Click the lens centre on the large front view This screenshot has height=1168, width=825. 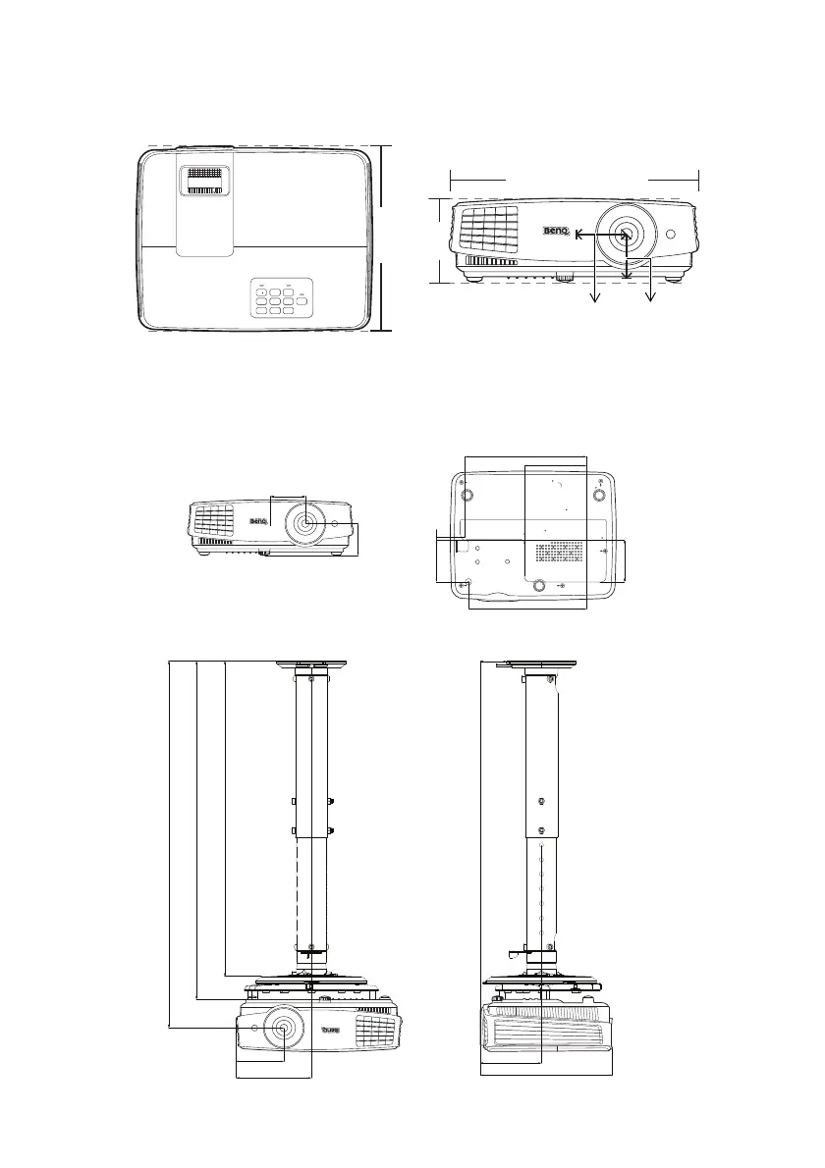pyautogui.click(x=626, y=235)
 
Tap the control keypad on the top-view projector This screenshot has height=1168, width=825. pyautogui.click(x=278, y=299)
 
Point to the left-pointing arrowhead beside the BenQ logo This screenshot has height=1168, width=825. pyautogui.click(x=578, y=235)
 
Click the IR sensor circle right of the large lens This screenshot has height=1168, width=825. pyautogui.click(x=672, y=235)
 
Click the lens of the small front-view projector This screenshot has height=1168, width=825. pyautogui.click(x=303, y=523)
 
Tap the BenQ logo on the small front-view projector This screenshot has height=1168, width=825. pyautogui.click(x=257, y=521)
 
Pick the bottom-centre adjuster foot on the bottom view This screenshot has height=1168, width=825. pyautogui.click(x=537, y=586)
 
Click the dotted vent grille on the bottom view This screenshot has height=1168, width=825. pyautogui.click(x=566, y=555)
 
